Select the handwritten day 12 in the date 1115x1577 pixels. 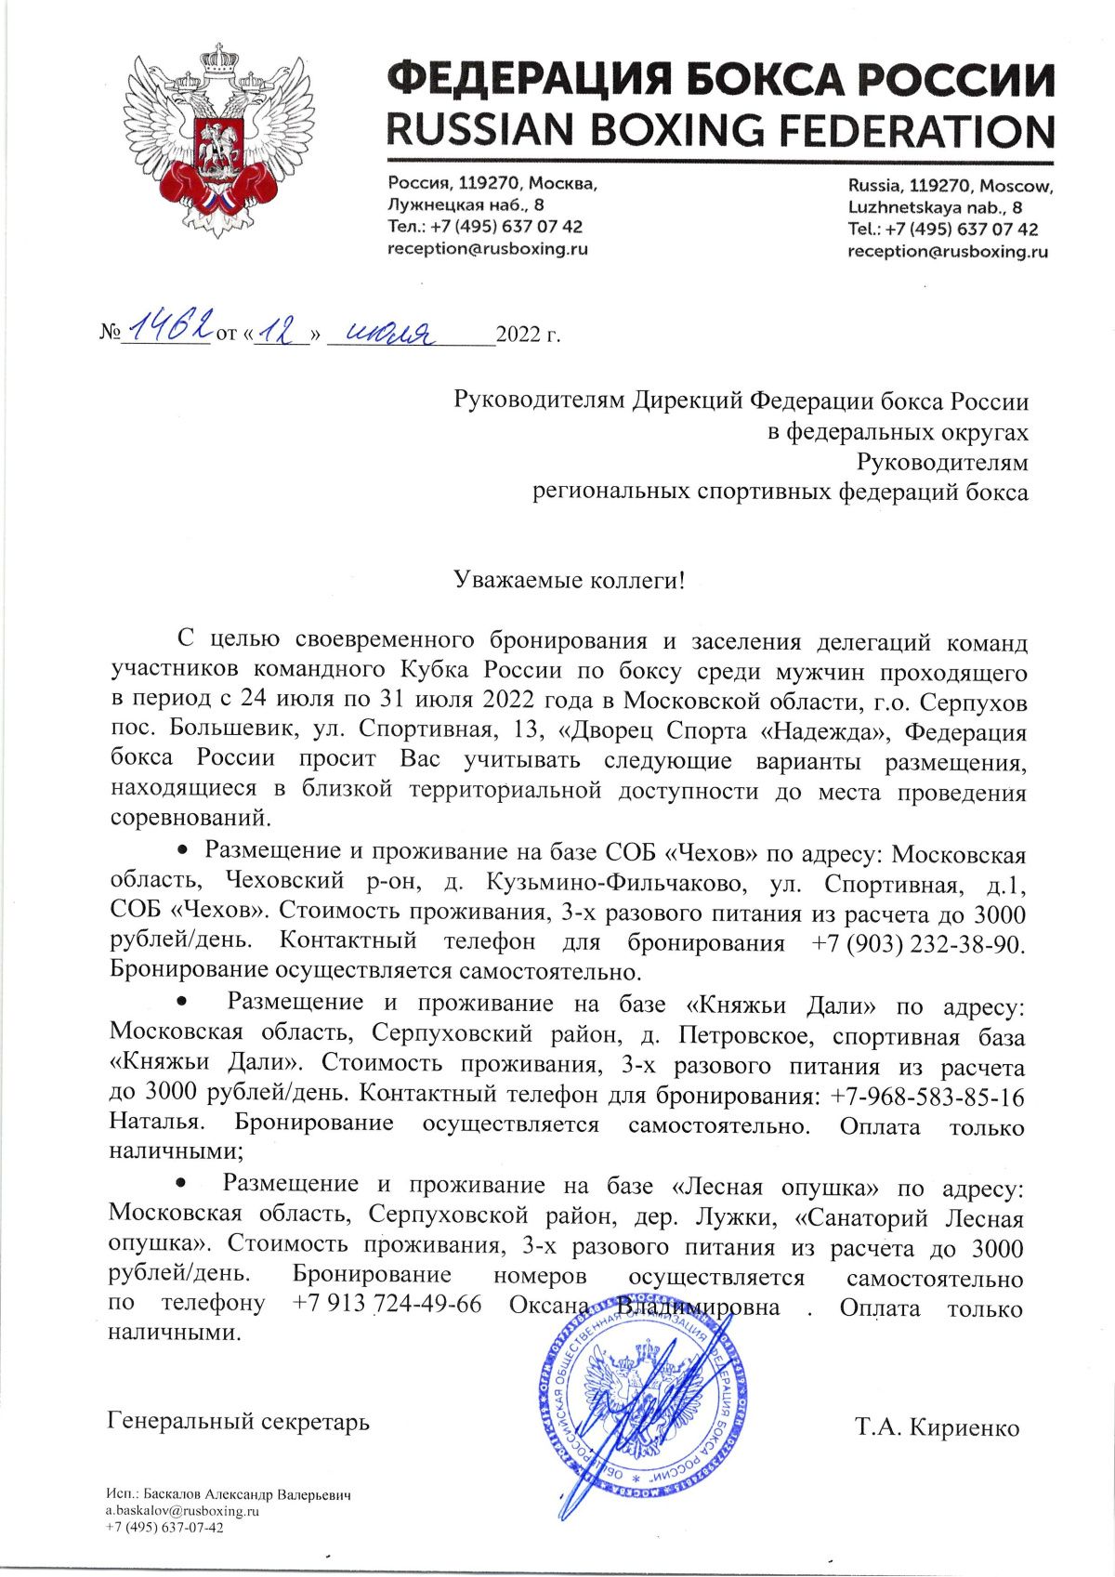282,330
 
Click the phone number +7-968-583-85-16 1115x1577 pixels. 928,1097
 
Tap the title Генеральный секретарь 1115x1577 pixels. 239,1421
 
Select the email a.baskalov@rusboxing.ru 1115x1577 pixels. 182,1511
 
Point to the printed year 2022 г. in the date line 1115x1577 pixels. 529,334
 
